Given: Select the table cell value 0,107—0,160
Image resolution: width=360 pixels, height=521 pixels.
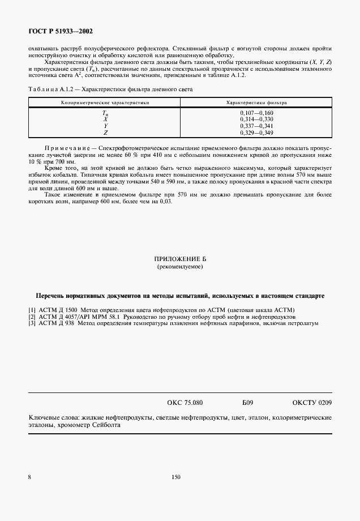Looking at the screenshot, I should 256,113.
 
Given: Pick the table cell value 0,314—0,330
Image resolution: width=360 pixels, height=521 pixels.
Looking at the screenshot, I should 256,119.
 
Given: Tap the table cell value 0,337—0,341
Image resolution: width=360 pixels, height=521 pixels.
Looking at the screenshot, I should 256,126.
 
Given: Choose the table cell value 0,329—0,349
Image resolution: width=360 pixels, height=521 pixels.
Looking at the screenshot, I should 256,132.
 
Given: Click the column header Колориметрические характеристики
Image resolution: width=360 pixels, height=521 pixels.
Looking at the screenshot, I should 105,103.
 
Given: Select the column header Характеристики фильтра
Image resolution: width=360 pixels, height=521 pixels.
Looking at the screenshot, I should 256,103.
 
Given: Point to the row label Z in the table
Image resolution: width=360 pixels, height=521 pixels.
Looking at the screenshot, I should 105,133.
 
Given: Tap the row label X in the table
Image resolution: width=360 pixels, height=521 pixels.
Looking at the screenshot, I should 105,119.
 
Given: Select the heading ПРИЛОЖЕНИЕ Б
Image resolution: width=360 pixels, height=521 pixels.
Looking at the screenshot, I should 179,259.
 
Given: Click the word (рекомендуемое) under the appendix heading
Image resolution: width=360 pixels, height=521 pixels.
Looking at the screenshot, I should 179,266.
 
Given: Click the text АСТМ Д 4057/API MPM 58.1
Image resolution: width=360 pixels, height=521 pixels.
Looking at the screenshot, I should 76,317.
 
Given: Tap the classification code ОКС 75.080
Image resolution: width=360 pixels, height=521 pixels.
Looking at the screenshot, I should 185,403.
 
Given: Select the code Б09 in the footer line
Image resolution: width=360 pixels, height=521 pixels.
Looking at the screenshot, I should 247,403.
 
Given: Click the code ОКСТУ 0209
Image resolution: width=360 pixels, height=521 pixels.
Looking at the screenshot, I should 312,403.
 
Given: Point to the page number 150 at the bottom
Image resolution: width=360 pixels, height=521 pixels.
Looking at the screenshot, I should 175,477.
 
